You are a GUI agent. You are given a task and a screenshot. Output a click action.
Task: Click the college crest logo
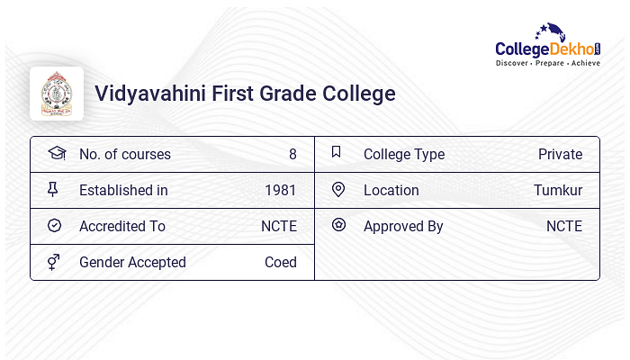(57, 94)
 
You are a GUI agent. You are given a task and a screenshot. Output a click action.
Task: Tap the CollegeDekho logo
(548, 45)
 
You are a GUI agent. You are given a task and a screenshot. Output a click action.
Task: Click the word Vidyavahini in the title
(150, 94)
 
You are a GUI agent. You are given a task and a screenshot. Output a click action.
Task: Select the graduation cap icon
(57, 153)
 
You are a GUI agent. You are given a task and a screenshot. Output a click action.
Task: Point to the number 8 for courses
(292, 154)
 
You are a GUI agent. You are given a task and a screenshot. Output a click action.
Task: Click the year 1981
(281, 190)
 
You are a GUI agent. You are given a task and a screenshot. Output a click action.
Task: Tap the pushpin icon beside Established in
(52, 189)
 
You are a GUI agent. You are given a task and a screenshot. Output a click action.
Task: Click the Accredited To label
(122, 226)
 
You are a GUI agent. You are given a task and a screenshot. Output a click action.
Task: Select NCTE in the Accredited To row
(279, 226)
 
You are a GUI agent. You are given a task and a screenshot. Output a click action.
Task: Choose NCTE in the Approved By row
(564, 226)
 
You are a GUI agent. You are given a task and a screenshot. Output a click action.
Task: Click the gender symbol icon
(53, 262)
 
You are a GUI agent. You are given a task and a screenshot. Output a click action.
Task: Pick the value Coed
(281, 263)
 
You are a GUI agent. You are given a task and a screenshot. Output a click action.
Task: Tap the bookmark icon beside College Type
(337, 151)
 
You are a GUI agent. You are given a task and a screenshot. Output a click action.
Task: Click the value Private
(560, 154)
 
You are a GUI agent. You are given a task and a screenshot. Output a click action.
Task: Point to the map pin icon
(338, 190)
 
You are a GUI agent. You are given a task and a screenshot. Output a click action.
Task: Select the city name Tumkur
(558, 190)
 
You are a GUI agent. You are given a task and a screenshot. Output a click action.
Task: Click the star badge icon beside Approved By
(338, 225)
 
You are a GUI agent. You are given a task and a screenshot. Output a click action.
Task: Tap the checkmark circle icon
(54, 225)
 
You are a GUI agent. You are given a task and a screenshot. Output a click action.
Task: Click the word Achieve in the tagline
(586, 63)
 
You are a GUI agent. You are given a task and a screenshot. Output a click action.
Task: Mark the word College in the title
(359, 94)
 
